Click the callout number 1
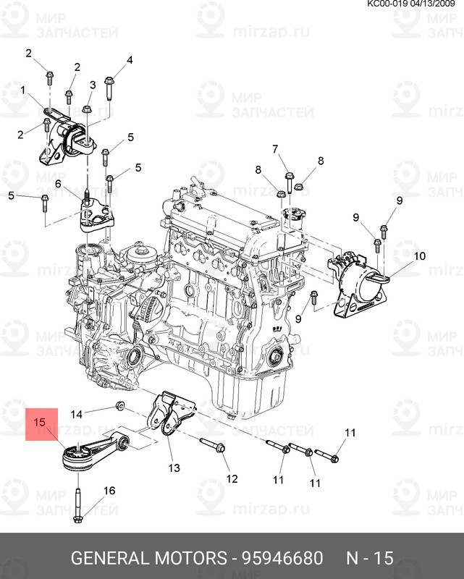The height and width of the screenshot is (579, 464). click(22, 90)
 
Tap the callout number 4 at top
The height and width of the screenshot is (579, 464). click(130, 59)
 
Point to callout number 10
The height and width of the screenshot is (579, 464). click(420, 256)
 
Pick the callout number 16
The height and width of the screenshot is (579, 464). click(109, 491)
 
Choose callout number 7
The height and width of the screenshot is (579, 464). click(275, 150)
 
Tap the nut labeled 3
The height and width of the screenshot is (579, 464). click(86, 110)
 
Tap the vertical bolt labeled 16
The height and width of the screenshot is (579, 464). click(77, 503)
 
